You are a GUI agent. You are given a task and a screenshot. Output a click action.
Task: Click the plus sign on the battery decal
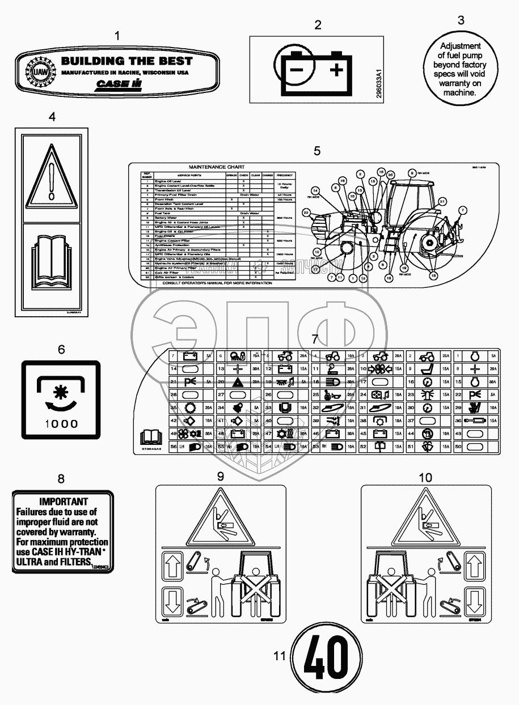[x=336, y=70]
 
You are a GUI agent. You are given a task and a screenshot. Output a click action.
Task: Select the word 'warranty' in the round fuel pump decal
[x=460, y=75]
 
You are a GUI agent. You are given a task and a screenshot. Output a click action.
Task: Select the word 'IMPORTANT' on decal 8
[x=63, y=502]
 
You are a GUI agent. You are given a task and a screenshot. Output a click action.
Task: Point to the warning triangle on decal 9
[x=218, y=517]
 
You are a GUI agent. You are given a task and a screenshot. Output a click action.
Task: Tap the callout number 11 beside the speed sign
[x=279, y=656]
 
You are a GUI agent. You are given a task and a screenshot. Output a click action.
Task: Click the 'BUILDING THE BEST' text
[x=126, y=61]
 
